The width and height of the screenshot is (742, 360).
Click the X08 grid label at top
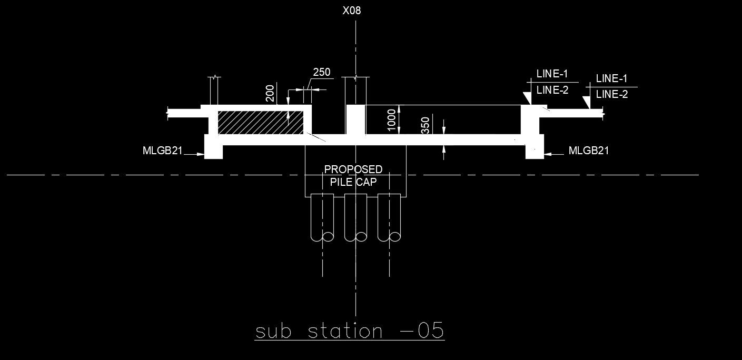point(352,11)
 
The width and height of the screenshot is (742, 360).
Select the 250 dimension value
point(322,73)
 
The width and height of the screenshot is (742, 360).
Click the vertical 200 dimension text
point(270,93)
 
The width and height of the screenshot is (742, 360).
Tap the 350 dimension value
point(426,126)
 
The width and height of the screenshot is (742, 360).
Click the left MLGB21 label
point(162,151)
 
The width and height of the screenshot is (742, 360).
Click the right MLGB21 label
point(589,151)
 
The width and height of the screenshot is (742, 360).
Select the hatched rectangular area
point(261,122)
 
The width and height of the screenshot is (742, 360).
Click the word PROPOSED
point(353,169)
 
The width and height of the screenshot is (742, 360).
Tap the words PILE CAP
point(353,182)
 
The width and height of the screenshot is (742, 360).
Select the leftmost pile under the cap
point(322,217)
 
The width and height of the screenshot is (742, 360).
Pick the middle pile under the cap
point(355,217)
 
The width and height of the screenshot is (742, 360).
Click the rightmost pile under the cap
point(389,217)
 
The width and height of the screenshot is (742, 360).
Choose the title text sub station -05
point(350,332)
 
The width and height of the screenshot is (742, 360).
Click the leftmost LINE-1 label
point(552,74)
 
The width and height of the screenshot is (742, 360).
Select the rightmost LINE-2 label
point(611,95)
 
